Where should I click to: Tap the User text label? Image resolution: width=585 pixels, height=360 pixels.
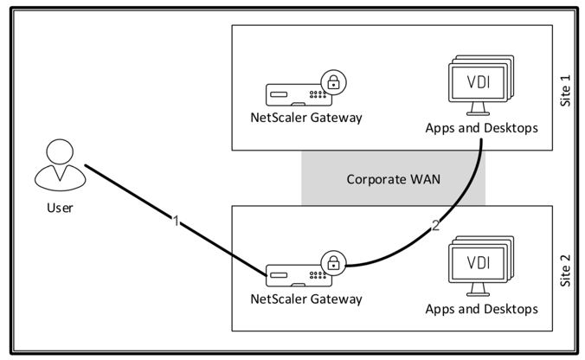(x=60, y=208)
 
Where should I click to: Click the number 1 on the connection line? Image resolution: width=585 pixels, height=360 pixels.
(x=177, y=222)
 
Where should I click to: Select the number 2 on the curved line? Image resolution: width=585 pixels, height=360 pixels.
(x=436, y=227)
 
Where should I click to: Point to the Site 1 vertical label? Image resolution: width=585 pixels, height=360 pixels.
(x=567, y=89)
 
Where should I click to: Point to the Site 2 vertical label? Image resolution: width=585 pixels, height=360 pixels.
(x=567, y=269)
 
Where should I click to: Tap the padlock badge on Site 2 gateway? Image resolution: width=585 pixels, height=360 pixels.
(x=331, y=261)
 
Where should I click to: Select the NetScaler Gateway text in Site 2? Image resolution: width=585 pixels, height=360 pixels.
(x=305, y=299)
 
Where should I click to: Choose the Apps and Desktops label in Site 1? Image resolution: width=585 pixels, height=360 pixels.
(x=481, y=128)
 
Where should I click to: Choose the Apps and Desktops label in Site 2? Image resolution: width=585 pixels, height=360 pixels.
(x=481, y=308)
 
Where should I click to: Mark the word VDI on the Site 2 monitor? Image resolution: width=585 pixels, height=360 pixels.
(x=477, y=262)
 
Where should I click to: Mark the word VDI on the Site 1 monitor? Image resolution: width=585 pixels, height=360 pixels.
(x=477, y=81)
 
